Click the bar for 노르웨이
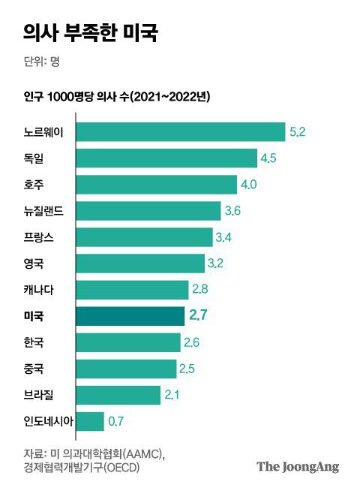(x=180, y=132)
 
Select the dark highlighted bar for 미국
(x=130, y=316)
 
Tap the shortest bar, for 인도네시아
(x=89, y=421)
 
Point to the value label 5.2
(x=298, y=132)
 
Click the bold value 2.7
(x=198, y=316)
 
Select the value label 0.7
(x=116, y=421)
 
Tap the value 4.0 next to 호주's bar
(x=249, y=185)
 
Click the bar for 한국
(x=128, y=342)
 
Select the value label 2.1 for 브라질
(x=172, y=395)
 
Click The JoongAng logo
(x=298, y=466)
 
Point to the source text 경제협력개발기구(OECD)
(x=82, y=468)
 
